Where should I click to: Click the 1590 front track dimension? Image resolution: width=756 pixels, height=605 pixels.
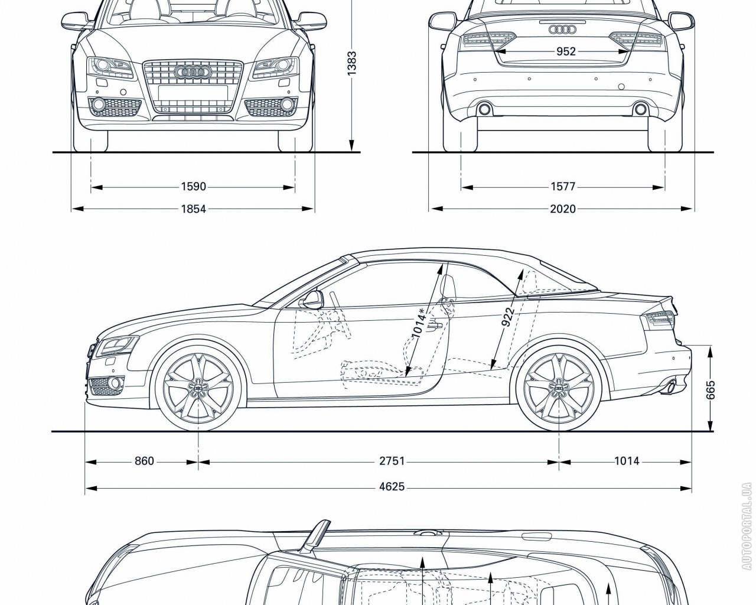pyautogui.click(x=193, y=187)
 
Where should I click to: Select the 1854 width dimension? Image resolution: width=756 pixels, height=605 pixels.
pyautogui.click(x=193, y=209)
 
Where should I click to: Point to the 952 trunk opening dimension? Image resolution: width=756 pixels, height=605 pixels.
pyautogui.click(x=565, y=51)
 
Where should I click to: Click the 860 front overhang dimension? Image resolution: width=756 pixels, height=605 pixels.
pyautogui.click(x=144, y=461)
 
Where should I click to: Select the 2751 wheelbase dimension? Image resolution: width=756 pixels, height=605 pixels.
pyautogui.click(x=392, y=461)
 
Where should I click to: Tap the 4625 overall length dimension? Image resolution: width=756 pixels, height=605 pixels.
pyautogui.click(x=392, y=487)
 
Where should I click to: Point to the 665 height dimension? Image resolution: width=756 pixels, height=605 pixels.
pyautogui.click(x=711, y=390)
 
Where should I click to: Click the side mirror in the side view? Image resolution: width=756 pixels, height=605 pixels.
pyautogui.click(x=312, y=300)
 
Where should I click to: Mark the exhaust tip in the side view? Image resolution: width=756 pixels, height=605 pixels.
pyautogui.click(x=671, y=388)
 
